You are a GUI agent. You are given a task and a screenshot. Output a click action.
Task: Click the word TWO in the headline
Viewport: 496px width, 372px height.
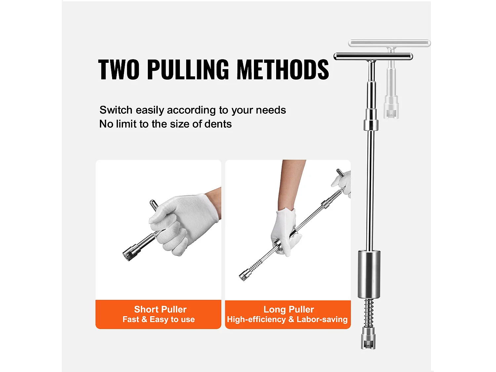119,69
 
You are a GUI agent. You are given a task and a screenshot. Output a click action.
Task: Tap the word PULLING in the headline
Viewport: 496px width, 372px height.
188,69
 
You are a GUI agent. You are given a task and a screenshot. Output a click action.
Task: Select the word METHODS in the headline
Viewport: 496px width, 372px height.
282,69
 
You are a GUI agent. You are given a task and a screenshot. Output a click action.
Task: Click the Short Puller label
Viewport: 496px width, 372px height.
160,309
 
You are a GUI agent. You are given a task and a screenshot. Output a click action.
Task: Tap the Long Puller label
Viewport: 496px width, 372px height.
289,309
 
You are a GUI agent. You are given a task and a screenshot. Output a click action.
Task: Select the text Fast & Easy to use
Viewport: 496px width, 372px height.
159,319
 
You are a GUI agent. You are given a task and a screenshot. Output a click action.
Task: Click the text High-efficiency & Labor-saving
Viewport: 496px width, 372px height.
287,319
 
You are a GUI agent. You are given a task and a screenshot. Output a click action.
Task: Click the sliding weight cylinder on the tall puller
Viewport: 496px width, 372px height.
369,274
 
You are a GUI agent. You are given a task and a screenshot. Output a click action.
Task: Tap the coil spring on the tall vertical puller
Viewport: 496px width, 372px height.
369,313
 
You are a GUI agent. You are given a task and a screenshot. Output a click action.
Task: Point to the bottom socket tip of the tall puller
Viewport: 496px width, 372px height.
368,338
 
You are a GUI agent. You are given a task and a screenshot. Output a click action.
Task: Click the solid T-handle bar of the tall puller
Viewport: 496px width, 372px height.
373,56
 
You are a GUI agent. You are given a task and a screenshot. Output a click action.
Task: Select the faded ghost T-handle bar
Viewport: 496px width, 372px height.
389,43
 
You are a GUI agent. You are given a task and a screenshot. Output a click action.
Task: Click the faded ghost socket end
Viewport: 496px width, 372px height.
391,107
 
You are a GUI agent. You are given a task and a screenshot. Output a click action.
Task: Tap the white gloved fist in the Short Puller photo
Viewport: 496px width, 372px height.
183,224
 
